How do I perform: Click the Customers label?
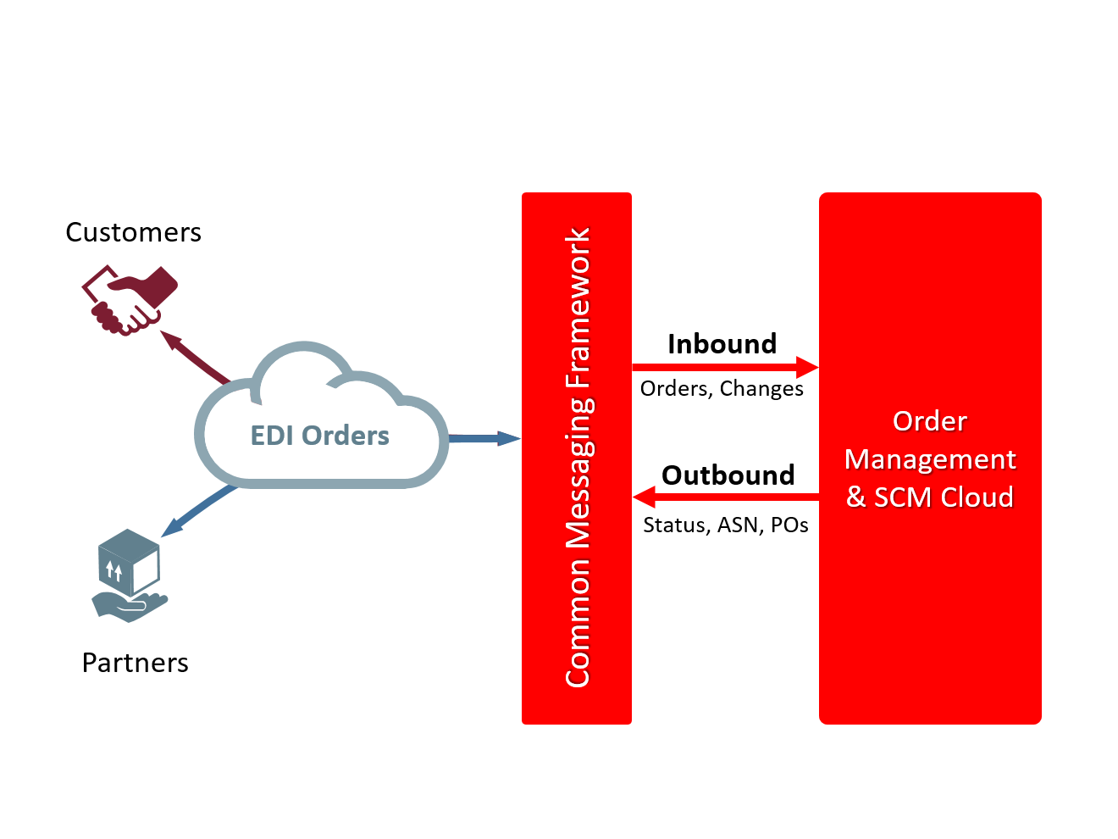pyautogui.click(x=133, y=232)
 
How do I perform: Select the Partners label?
pyautogui.click(x=135, y=663)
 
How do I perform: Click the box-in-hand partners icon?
pyautogui.click(x=130, y=576)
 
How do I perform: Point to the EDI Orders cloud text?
pyautogui.click(x=319, y=436)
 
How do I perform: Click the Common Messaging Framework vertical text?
pyautogui.click(x=578, y=458)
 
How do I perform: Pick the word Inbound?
pyautogui.click(x=722, y=344)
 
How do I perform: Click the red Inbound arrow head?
pyautogui.click(x=807, y=367)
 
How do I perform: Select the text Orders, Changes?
pyautogui.click(x=722, y=389)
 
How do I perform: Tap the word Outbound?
pyautogui.click(x=728, y=475)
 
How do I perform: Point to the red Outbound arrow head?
pyautogui.click(x=644, y=497)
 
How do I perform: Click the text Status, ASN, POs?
pyautogui.click(x=725, y=525)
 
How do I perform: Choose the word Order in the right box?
pyautogui.click(x=929, y=421)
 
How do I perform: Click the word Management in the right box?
pyautogui.click(x=930, y=459)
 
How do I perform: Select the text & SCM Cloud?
pyautogui.click(x=930, y=497)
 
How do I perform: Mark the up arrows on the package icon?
pyautogui.click(x=114, y=570)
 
